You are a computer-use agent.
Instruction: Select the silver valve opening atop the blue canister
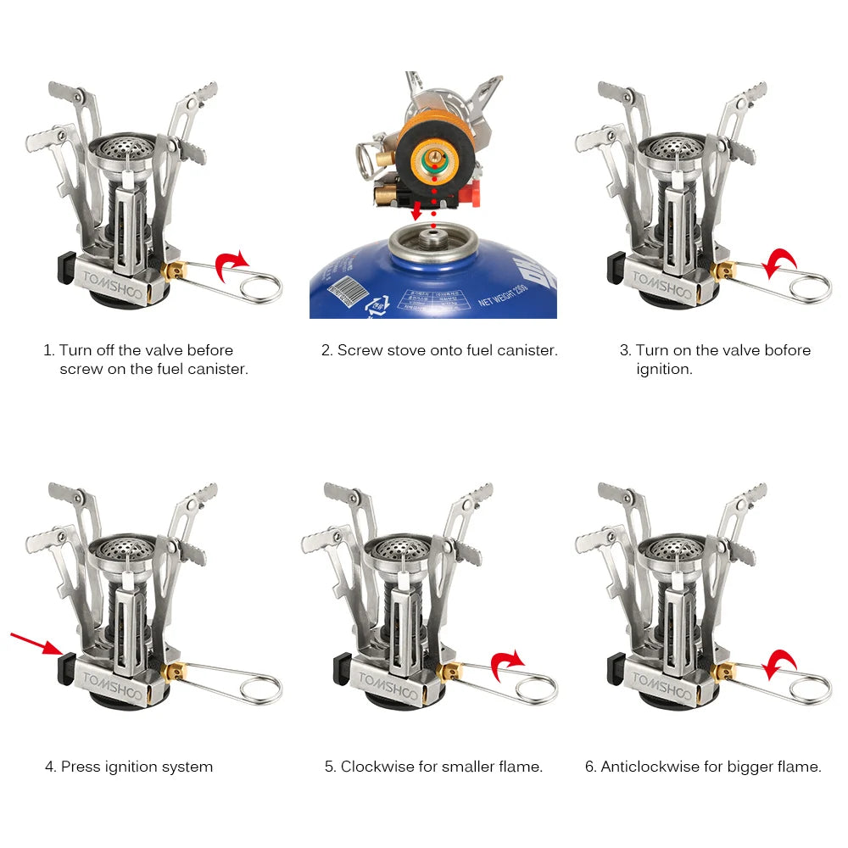point(432,242)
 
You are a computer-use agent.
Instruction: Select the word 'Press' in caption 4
point(81,767)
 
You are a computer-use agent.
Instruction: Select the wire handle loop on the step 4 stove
point(259,688)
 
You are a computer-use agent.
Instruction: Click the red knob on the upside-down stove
point(474,192)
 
